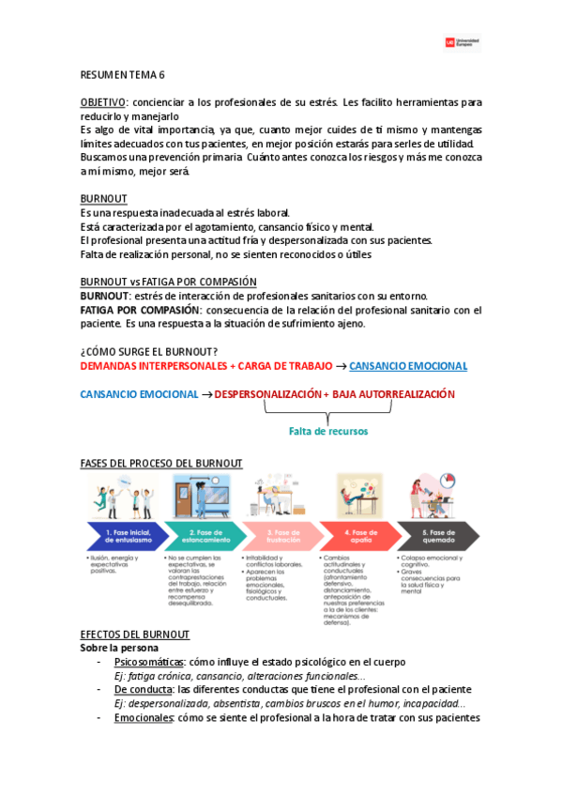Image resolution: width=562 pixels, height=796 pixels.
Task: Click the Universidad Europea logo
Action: pos(463,42)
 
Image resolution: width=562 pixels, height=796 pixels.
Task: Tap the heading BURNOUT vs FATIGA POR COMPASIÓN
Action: pos(168,282)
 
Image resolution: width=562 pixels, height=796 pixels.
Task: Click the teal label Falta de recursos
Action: pos(328,431)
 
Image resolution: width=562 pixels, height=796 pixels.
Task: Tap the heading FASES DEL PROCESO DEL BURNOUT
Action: pos(161,463)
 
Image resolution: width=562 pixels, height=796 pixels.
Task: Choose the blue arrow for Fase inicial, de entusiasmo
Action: pos(124,536)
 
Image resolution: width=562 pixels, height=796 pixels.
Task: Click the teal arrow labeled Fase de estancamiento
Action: pos(202,536)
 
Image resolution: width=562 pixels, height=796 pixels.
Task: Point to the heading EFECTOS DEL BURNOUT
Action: pos(135,635)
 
